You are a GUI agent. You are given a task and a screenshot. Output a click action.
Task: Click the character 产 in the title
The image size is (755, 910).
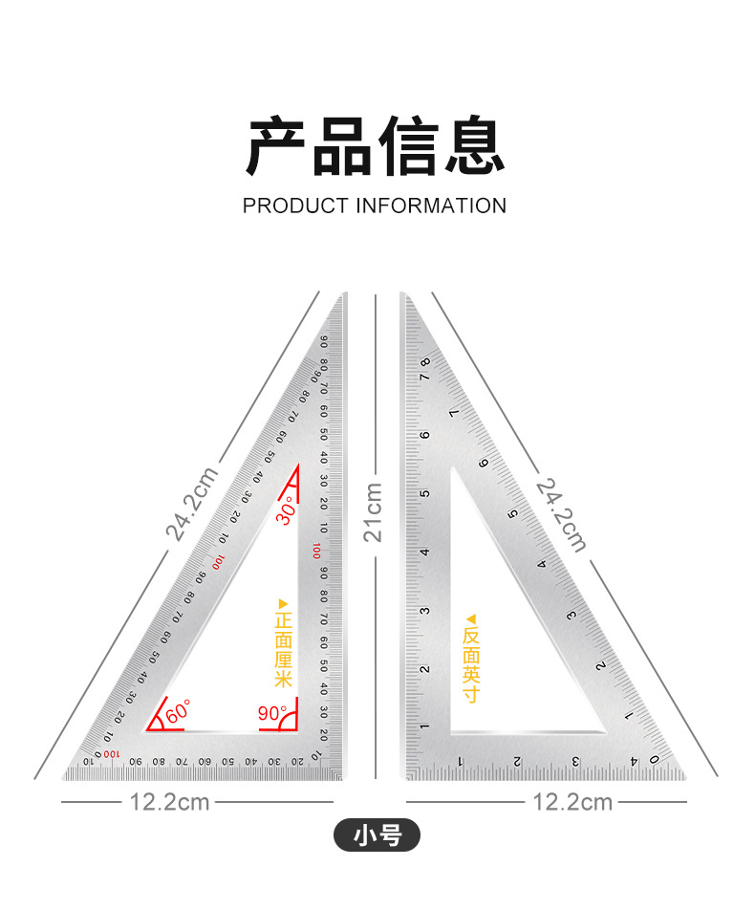tap(278, 145)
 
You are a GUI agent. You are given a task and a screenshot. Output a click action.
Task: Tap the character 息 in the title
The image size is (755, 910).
tap(471, 145)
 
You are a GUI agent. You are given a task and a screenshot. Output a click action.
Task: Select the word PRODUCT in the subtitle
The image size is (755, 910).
tap(296, 206)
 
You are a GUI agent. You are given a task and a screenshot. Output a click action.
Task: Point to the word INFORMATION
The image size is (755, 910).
tap(431, 206)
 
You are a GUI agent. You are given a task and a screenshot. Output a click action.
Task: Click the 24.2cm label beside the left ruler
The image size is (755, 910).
tap(191, 504)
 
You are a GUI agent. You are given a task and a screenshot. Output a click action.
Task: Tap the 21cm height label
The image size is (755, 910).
tap(373, 512)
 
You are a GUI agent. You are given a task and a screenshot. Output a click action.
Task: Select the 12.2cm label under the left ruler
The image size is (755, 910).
tap(169, 802)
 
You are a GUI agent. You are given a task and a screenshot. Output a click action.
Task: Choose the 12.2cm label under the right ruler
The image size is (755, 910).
tap(572, 802)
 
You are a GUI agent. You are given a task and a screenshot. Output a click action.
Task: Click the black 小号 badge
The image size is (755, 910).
tap(377, 836)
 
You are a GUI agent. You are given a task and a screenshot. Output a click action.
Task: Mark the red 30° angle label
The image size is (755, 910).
tap(286, 506)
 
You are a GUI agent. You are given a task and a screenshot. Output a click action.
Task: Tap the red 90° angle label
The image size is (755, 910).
tap(273, 713)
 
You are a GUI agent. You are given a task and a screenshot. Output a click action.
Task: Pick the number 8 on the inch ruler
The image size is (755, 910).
tap(423, 364)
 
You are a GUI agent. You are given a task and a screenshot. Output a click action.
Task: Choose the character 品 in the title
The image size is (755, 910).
tap(342, 145)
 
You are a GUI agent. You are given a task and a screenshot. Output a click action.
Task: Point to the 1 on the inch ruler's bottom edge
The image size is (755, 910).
tap(461, 762)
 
